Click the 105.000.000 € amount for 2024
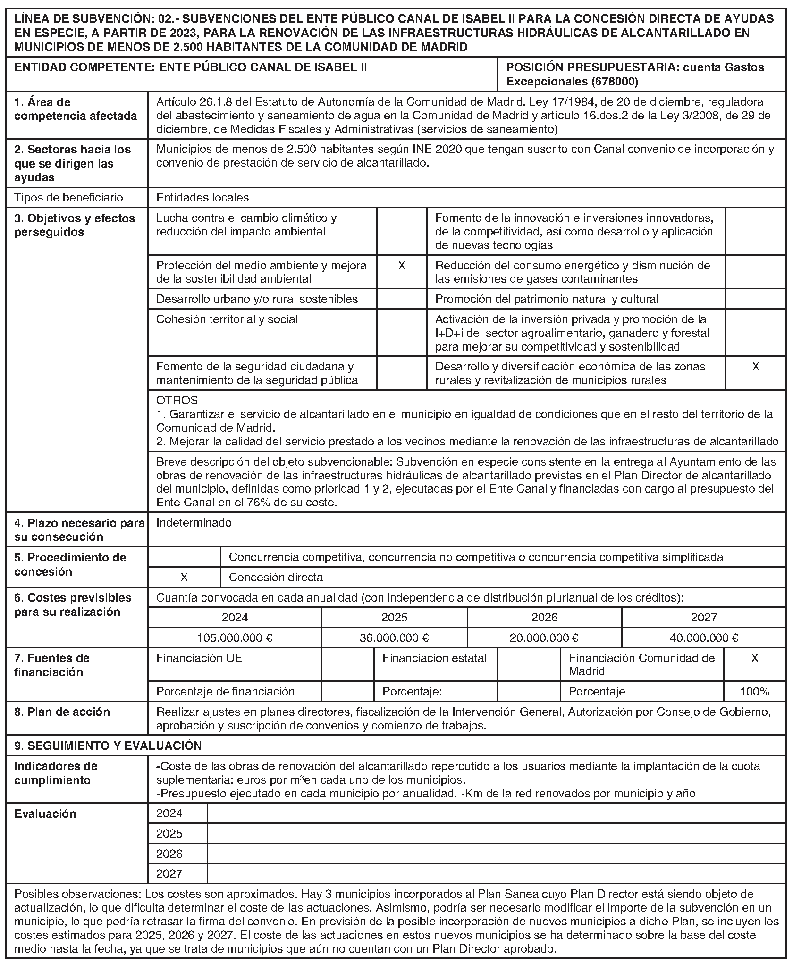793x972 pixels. pos(235,638)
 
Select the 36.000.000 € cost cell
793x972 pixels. pos(394,638)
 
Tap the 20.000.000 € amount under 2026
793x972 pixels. pos(544,638)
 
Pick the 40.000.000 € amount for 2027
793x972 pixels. pos(704,638)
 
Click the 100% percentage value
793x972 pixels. pos(755,691)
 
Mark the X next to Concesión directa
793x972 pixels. pos(184,577)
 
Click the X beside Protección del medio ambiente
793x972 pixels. pos(401,265)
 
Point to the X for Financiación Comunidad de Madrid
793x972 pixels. pos(755,658)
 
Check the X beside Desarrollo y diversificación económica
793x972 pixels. pos(755,366)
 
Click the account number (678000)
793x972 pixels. pos(614,82)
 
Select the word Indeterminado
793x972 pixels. pos(194,522)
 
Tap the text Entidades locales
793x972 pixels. pos(202,197)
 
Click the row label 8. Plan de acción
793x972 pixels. pos(62,712)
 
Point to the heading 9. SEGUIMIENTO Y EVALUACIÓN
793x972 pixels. pos(108,746)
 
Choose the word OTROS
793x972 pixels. pos(177,401)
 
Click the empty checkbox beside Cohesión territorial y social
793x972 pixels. pos(401,332)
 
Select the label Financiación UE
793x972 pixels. pos(199,658)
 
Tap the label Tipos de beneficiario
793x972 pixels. pos(68,197)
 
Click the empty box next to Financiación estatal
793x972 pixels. pos(529,664)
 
